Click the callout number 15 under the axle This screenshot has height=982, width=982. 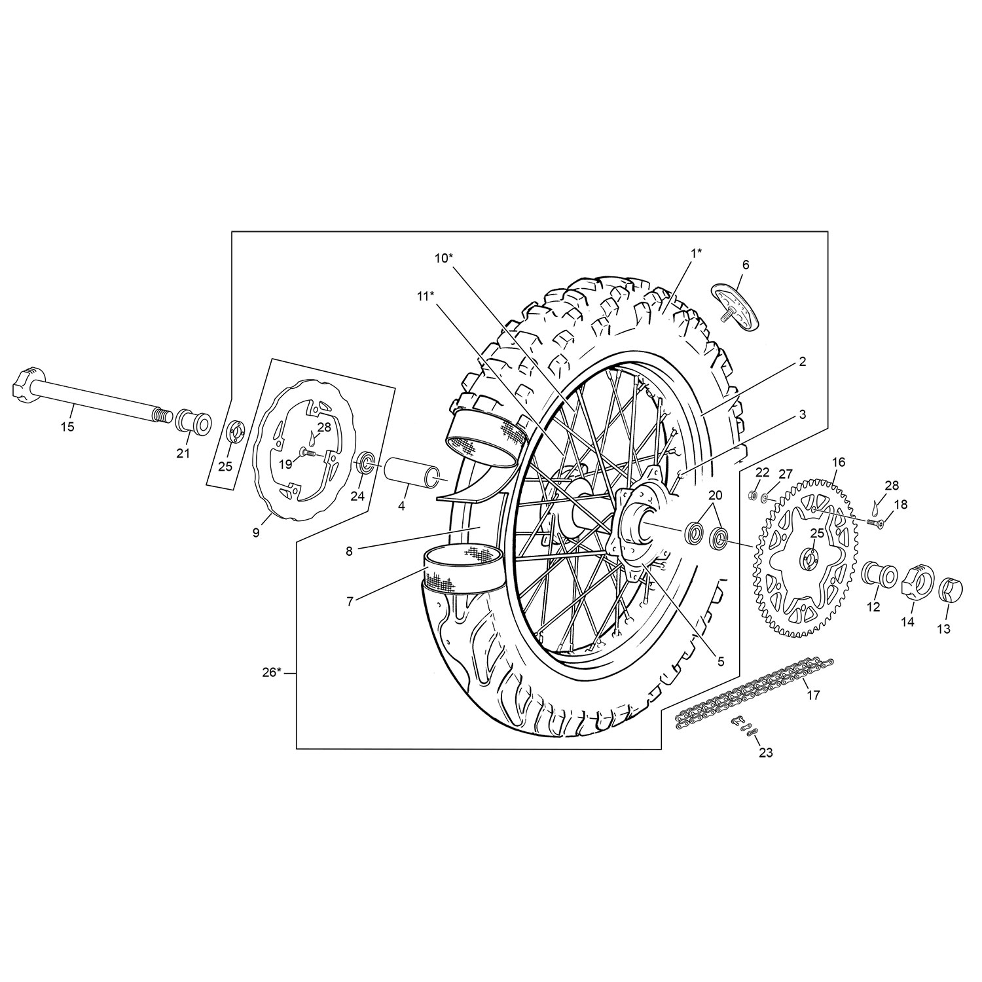[x=67, y=427]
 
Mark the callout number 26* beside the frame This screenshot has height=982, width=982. [x=271, y=672]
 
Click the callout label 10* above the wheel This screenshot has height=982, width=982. [x=444, y=257]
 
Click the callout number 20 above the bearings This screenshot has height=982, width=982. [x=715, y=494]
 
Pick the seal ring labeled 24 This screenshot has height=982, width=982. [x=365, y=465]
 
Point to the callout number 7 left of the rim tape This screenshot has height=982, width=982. [x=350, y=602]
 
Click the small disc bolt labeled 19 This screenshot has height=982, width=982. [x=306, y=452]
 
